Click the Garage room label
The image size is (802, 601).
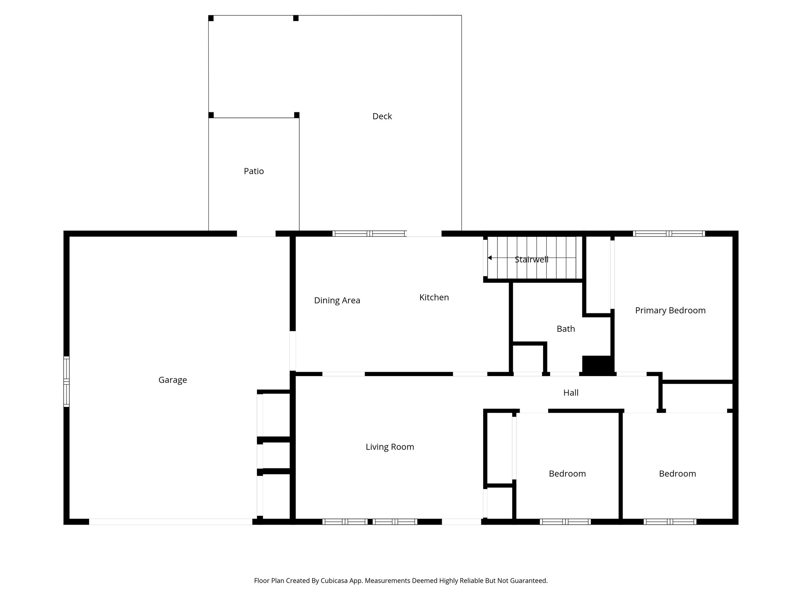(172, 380)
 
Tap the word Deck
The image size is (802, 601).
(382, 116)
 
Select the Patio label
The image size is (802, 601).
(254, 171)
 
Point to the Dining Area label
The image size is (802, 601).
(337, 300)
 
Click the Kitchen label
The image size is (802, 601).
(434, 297)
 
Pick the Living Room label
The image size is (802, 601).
(390, 447)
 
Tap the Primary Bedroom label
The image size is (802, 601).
(670, 310)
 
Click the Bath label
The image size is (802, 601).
(565, 329)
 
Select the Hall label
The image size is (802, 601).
(571, 393)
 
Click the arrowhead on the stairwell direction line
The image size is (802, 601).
(490, 258)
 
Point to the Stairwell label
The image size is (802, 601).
(531, 259)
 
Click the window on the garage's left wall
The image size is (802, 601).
(67, 381)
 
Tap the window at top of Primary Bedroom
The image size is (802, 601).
(669, 234)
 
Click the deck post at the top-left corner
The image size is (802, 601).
(211, 18)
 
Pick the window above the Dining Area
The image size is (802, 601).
(369, 234)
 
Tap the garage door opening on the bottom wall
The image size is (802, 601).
(170, 522)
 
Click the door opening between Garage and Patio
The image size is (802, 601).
(256, 234)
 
